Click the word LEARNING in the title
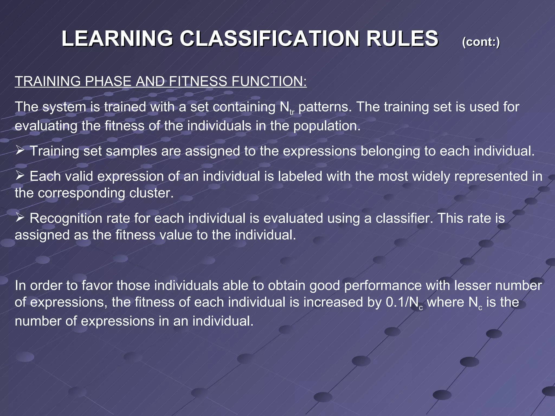pos(117,38)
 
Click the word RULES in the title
pos(402,38)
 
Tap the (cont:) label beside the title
pos(481,42)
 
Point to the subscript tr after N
pos(292,112)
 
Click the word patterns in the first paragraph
pos(325,107)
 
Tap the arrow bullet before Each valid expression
pos(20,175)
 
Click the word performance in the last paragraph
pos(383,285)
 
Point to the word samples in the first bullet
pos(131,151)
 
